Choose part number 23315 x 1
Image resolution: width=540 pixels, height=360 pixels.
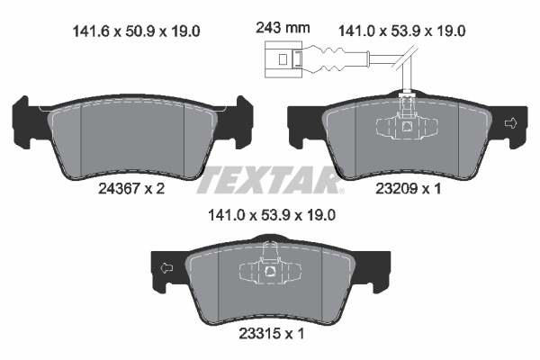[x=269, y=332]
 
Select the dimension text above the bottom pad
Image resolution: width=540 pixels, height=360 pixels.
[x=269, y=216]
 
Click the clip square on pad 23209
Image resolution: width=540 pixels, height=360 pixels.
[x=407, y=127]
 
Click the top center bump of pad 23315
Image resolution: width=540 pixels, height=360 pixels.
[x=269, y=243]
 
